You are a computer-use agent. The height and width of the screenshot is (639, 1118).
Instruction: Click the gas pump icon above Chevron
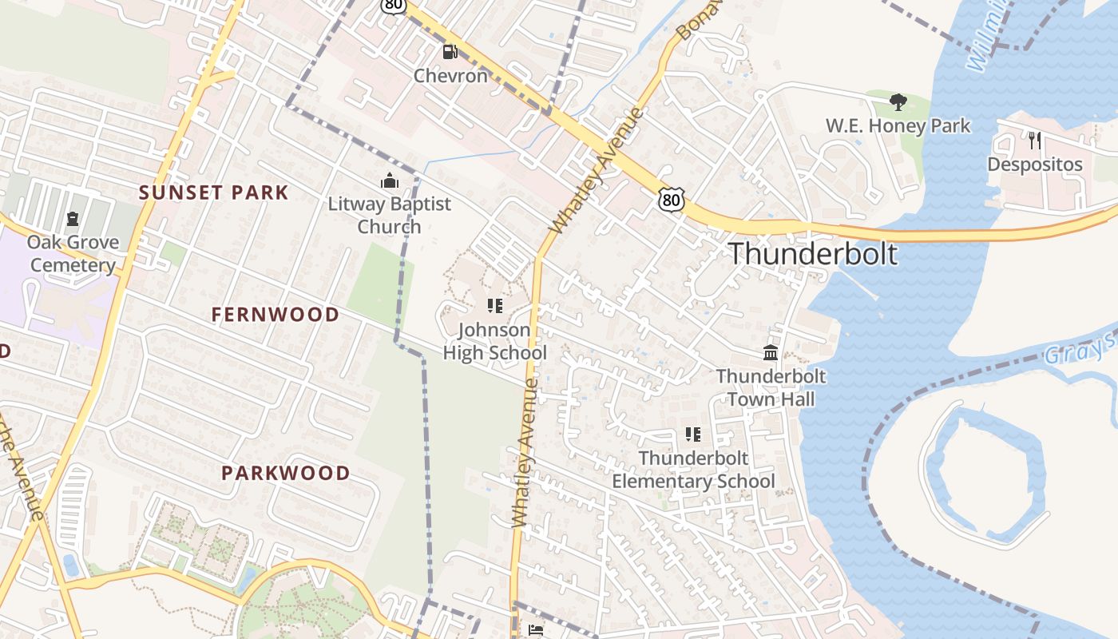click(450, 53)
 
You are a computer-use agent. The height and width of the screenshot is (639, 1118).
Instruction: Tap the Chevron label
click(450, 76)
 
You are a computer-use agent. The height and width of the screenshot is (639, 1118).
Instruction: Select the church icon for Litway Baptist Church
click(390, 181)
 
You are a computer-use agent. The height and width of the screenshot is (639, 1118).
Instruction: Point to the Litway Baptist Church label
click(390, 215)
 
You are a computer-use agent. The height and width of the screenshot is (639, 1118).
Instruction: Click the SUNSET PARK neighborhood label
click(213, 192)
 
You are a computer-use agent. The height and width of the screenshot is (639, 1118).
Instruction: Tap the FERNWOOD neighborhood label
click(276, 315)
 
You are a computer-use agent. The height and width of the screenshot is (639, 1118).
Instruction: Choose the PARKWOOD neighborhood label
click(285, 473)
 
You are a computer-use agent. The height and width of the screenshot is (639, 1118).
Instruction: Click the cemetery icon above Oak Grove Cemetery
click(73, 218)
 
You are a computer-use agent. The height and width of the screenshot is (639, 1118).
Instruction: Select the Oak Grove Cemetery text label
click(73, 253)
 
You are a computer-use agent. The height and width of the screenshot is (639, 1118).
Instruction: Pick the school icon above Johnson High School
click(494, 306)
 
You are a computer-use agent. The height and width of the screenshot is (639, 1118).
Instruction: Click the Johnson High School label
click(494, 341)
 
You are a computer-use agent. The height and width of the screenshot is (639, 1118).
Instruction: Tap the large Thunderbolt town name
click(813, 253)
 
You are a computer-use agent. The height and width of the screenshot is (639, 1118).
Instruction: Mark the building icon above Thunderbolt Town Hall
click(771, 352)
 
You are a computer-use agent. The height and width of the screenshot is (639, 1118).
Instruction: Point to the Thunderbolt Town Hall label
click(771, 387)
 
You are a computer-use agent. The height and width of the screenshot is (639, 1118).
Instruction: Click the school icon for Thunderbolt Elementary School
click(693, 435)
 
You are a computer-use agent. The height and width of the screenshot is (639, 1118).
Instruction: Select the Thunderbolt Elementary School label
click(693, 470)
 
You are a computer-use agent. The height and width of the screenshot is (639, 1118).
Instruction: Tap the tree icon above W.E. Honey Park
click(898, 102)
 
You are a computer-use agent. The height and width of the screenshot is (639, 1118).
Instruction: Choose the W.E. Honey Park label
click(898, 125)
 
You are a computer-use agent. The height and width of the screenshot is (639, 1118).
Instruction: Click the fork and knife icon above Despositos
click(1035, 141)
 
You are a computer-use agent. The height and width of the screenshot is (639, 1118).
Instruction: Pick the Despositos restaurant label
click(1035, 165)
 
